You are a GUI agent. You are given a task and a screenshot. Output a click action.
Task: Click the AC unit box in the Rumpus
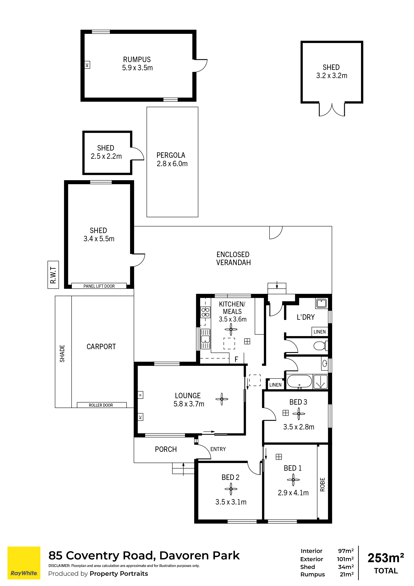pyautogui.click(x=87, y=65)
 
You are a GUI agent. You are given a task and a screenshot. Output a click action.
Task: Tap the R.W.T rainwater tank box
pyautogui.click(x=53, y=275)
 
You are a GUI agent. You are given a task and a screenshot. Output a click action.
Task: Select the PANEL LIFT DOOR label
pyautogui.click(x=99, y=286)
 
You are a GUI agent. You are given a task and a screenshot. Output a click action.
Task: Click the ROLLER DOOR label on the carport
pyautogui.click(x=101, y=405)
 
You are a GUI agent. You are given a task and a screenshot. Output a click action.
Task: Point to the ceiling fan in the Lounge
pyautogui.click(x=222, y=399)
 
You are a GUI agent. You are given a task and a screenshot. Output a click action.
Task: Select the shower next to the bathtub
pyautogui.click(x=320, y=382)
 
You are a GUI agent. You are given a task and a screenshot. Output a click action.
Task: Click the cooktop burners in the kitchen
pyautogui.click(x=205, y=312)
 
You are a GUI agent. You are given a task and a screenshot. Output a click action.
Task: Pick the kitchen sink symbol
pyautogui.click(x=205, y=339)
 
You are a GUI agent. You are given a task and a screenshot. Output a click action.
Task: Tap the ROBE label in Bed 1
pyautogui.click(x=322, y=484)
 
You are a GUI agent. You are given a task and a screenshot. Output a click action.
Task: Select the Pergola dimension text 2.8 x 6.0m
pyautogui.click(x=172, y=164)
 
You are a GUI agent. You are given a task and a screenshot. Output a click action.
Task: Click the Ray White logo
pyautogui.click(x=24, y=563)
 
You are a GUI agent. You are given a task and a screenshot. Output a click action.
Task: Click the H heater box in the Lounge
pyautogui.click(x=140, y=395)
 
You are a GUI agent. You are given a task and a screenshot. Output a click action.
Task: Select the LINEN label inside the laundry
pyautogui.click(x=320, y=332)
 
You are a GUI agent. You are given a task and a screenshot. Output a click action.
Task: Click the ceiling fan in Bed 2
pyautogui.click(x=231, y=489)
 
